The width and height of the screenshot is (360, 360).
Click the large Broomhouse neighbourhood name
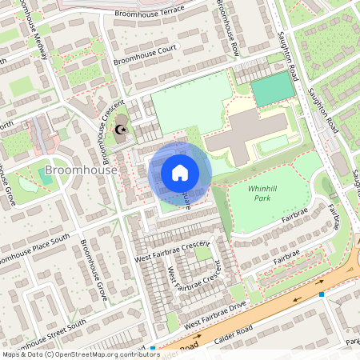tap(82, 170)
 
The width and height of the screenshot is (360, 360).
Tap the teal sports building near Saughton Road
tap(274, 92)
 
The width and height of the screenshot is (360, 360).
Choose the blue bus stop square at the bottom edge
tap(152, 349)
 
